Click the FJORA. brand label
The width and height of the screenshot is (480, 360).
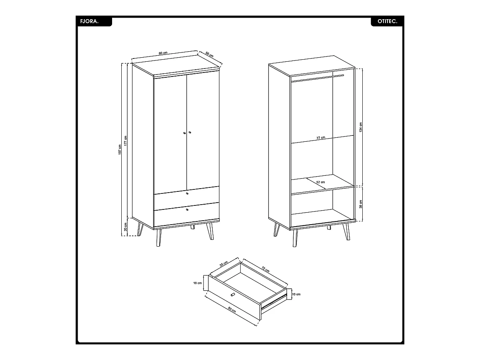[89, 22]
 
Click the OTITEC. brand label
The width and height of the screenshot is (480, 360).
[387, 22]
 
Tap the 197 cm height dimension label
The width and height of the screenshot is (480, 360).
[120, 150]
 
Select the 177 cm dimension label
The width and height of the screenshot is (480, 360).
[126, 141]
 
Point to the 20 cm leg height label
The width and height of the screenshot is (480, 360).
[126, 227]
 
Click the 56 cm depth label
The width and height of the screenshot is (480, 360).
[209, 55]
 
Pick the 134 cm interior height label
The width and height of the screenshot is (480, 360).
[361, 127]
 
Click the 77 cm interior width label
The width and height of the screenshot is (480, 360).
[321, 138]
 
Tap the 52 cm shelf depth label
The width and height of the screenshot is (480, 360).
[321, 182]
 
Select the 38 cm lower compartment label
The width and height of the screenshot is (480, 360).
[361, 204]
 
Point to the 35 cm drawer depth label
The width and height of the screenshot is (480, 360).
[223, 264]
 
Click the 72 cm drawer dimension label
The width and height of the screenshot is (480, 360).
[265, 269]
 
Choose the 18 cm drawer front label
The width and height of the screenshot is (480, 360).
[197, 283]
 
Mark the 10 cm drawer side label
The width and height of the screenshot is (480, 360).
[296, 294]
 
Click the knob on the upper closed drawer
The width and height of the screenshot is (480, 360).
[187, 193]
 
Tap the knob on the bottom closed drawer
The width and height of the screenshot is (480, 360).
[187, 210]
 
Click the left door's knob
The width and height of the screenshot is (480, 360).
[184, 133]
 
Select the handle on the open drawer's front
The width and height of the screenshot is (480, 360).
[233, 295]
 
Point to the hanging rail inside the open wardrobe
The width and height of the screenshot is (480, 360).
[318, 78]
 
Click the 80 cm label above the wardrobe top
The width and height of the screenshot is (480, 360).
[163, 53]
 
